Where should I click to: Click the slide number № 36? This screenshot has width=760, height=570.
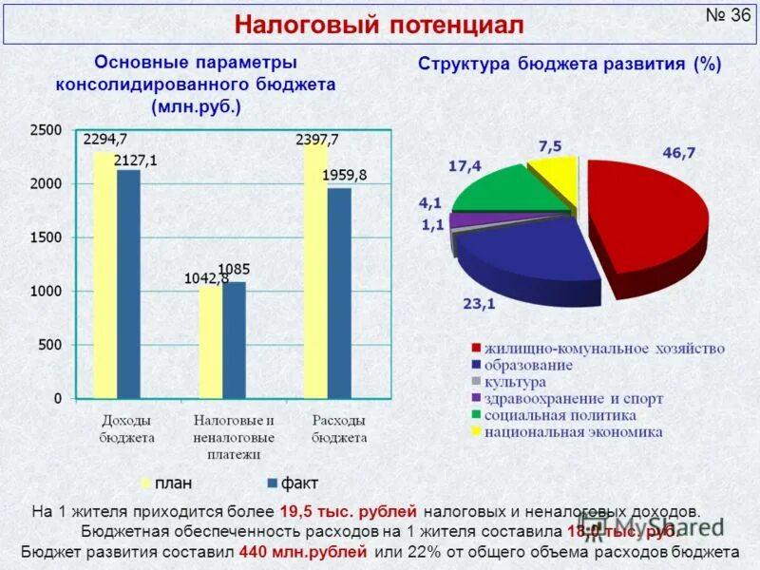729,18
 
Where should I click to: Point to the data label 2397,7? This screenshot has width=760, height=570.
317,139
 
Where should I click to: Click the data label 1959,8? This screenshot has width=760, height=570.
344,175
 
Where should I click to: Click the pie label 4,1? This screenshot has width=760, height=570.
431,202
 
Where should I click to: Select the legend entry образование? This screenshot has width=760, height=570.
527,365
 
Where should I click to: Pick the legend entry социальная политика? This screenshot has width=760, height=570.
560,415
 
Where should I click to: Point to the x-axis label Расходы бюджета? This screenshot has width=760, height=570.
339,428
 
